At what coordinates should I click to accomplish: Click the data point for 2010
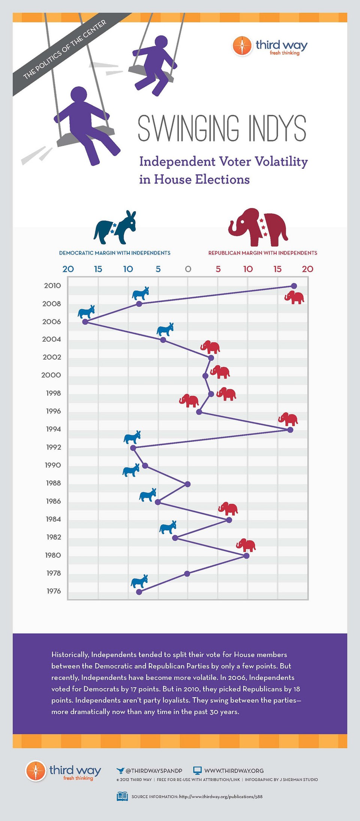tap(294, 286)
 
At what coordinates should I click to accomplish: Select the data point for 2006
tap(85, 322)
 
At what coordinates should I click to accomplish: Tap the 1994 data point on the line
tap(290, 430)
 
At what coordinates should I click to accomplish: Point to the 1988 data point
tap(188, 484)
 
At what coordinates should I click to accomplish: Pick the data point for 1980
tap(246, 556)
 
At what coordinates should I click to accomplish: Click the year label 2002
tap(52, 357)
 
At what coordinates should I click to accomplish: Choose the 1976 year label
tap(54, 591)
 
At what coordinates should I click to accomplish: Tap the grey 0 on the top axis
tap(188, 269)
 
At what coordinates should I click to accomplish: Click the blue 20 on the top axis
tap(68, 269)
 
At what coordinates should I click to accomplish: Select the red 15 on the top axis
tap(277, 269)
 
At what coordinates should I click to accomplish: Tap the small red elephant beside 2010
tap(294, 298)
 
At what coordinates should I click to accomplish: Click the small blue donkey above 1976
tap(139, 581)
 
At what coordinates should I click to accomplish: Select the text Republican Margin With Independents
tap(262, 253)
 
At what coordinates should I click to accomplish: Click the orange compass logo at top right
tap(242, 46)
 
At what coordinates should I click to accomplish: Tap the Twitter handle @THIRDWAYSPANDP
tap(154, 771)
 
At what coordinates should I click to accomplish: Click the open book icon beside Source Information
tap(122, 797)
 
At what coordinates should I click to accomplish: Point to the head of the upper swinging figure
tap(161, 42)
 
